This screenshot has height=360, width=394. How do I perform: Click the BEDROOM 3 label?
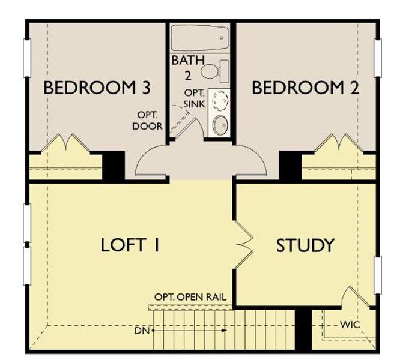click(x=97, y=88)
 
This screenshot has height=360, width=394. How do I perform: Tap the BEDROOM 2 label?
click(x=305, y=88)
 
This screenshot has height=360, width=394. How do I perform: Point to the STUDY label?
click(x=305, y=245)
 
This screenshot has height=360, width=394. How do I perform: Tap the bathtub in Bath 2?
click(x=199, y=38)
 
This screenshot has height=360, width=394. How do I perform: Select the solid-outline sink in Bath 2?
click(x=220, y=124)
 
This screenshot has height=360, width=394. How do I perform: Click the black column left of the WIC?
click(x=304, y=328)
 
